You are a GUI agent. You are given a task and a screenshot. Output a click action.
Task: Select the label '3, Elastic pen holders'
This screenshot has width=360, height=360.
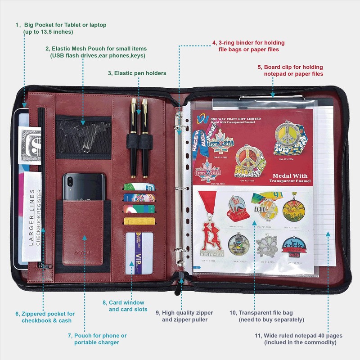137,73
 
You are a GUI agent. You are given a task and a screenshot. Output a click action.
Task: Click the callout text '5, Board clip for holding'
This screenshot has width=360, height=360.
290,66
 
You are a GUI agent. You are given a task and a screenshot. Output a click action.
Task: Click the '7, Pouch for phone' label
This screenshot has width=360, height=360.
97,335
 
